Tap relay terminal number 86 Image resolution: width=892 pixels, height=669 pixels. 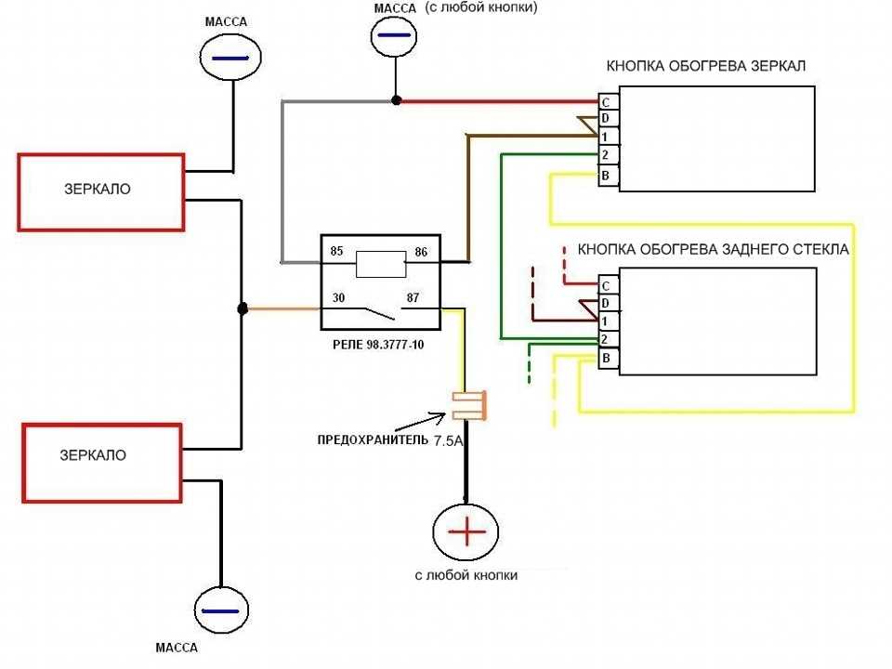pos(421,252)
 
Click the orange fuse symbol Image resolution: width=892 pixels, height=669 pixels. pos(470,404)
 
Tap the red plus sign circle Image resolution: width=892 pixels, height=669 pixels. pos(467,532)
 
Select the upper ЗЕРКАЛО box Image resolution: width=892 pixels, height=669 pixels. pos(101,191)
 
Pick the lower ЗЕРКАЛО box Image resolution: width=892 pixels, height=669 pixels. pos(101,462)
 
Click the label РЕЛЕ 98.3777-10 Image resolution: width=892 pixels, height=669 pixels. pos(377,344)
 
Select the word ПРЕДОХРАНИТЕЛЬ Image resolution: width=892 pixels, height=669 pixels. pos(371,440)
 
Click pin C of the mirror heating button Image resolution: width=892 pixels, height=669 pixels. pos(605,101)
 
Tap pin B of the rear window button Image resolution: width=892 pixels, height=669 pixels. pos(605,358)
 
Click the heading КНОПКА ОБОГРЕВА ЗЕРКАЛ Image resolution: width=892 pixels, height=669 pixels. pos(706,67)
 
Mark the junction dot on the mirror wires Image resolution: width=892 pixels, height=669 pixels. pos(242,308)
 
